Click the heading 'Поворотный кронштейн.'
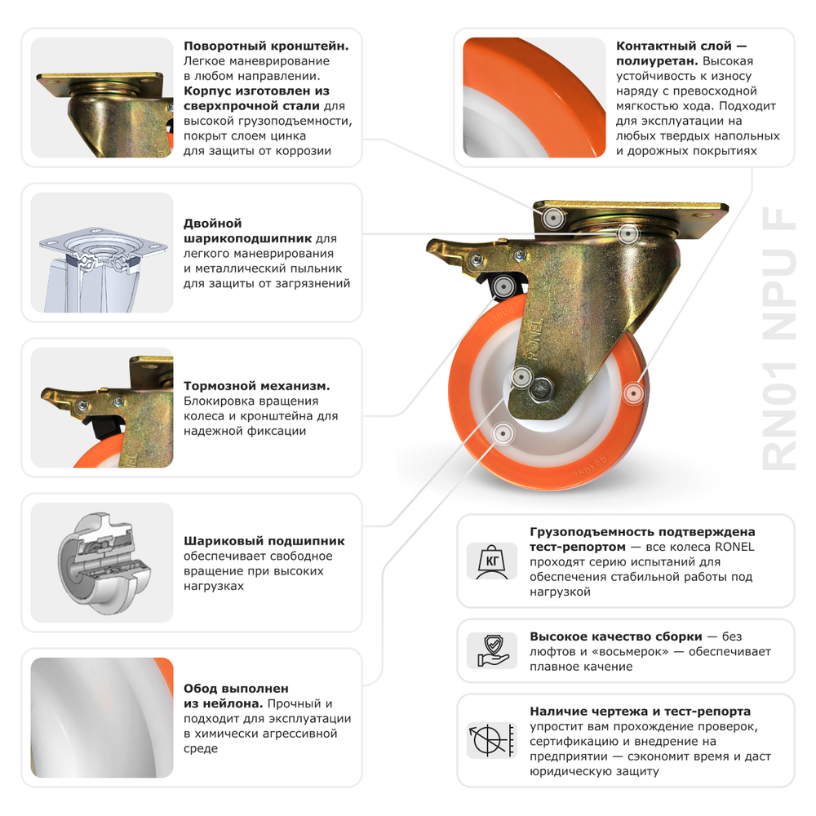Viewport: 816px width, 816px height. [266, 47]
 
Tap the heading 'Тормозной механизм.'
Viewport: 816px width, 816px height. [256, 386]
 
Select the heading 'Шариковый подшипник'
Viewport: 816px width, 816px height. [264, 541]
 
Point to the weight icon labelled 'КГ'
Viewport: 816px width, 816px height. [493, 561]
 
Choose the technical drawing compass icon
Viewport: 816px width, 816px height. [493, 739]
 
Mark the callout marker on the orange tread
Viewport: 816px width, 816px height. [631, 393]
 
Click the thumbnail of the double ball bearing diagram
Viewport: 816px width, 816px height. [102, 253]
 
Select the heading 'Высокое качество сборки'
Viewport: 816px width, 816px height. [616, 636]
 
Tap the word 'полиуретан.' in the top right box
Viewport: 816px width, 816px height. [656, 61]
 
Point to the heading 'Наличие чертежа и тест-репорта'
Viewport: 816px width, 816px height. [640, 712]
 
